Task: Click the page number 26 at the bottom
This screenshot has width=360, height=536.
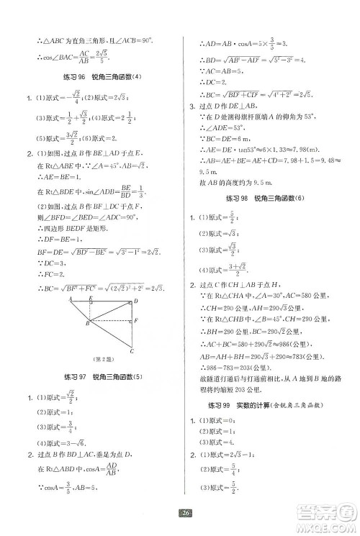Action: (185, 514)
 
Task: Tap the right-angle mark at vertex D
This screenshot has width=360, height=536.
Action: (130, 304)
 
